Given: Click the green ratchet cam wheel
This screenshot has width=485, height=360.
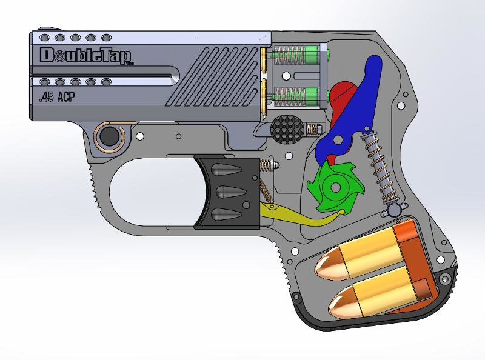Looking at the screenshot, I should click(332, 185).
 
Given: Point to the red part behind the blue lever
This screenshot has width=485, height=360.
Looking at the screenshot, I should click(343, 96).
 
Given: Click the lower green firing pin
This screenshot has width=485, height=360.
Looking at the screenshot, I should click(313, 94).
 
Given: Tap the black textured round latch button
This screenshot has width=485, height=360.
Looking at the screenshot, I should click(286, 128).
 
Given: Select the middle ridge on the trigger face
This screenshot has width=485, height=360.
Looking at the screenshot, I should click(228, 192).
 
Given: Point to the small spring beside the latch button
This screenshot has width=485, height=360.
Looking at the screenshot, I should click(313, 129).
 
